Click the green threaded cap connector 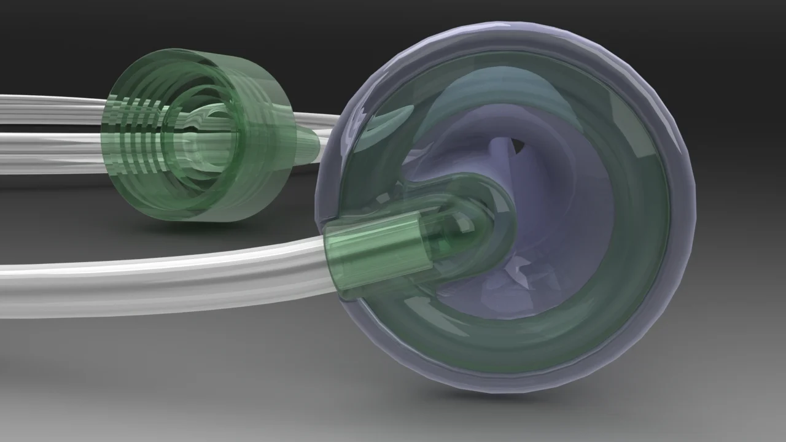[x=196, y=135]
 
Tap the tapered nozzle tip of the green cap [x=311, y=143]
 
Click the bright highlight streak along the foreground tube [x=154, y=264]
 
